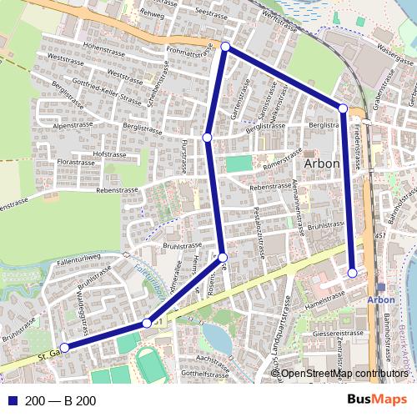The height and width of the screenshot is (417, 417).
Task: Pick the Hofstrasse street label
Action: click(108, 154)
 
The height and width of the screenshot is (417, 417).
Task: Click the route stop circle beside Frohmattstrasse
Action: click(225, 47)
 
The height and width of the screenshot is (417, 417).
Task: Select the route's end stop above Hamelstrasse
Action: click(353, 273)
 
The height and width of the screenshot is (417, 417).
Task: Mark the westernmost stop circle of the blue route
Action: click(64, 348)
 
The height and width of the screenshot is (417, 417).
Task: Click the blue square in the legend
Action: click(12, 401)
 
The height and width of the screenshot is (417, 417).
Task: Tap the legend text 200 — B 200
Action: click(60, 401)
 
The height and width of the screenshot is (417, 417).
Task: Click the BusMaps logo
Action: click(378, 400)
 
